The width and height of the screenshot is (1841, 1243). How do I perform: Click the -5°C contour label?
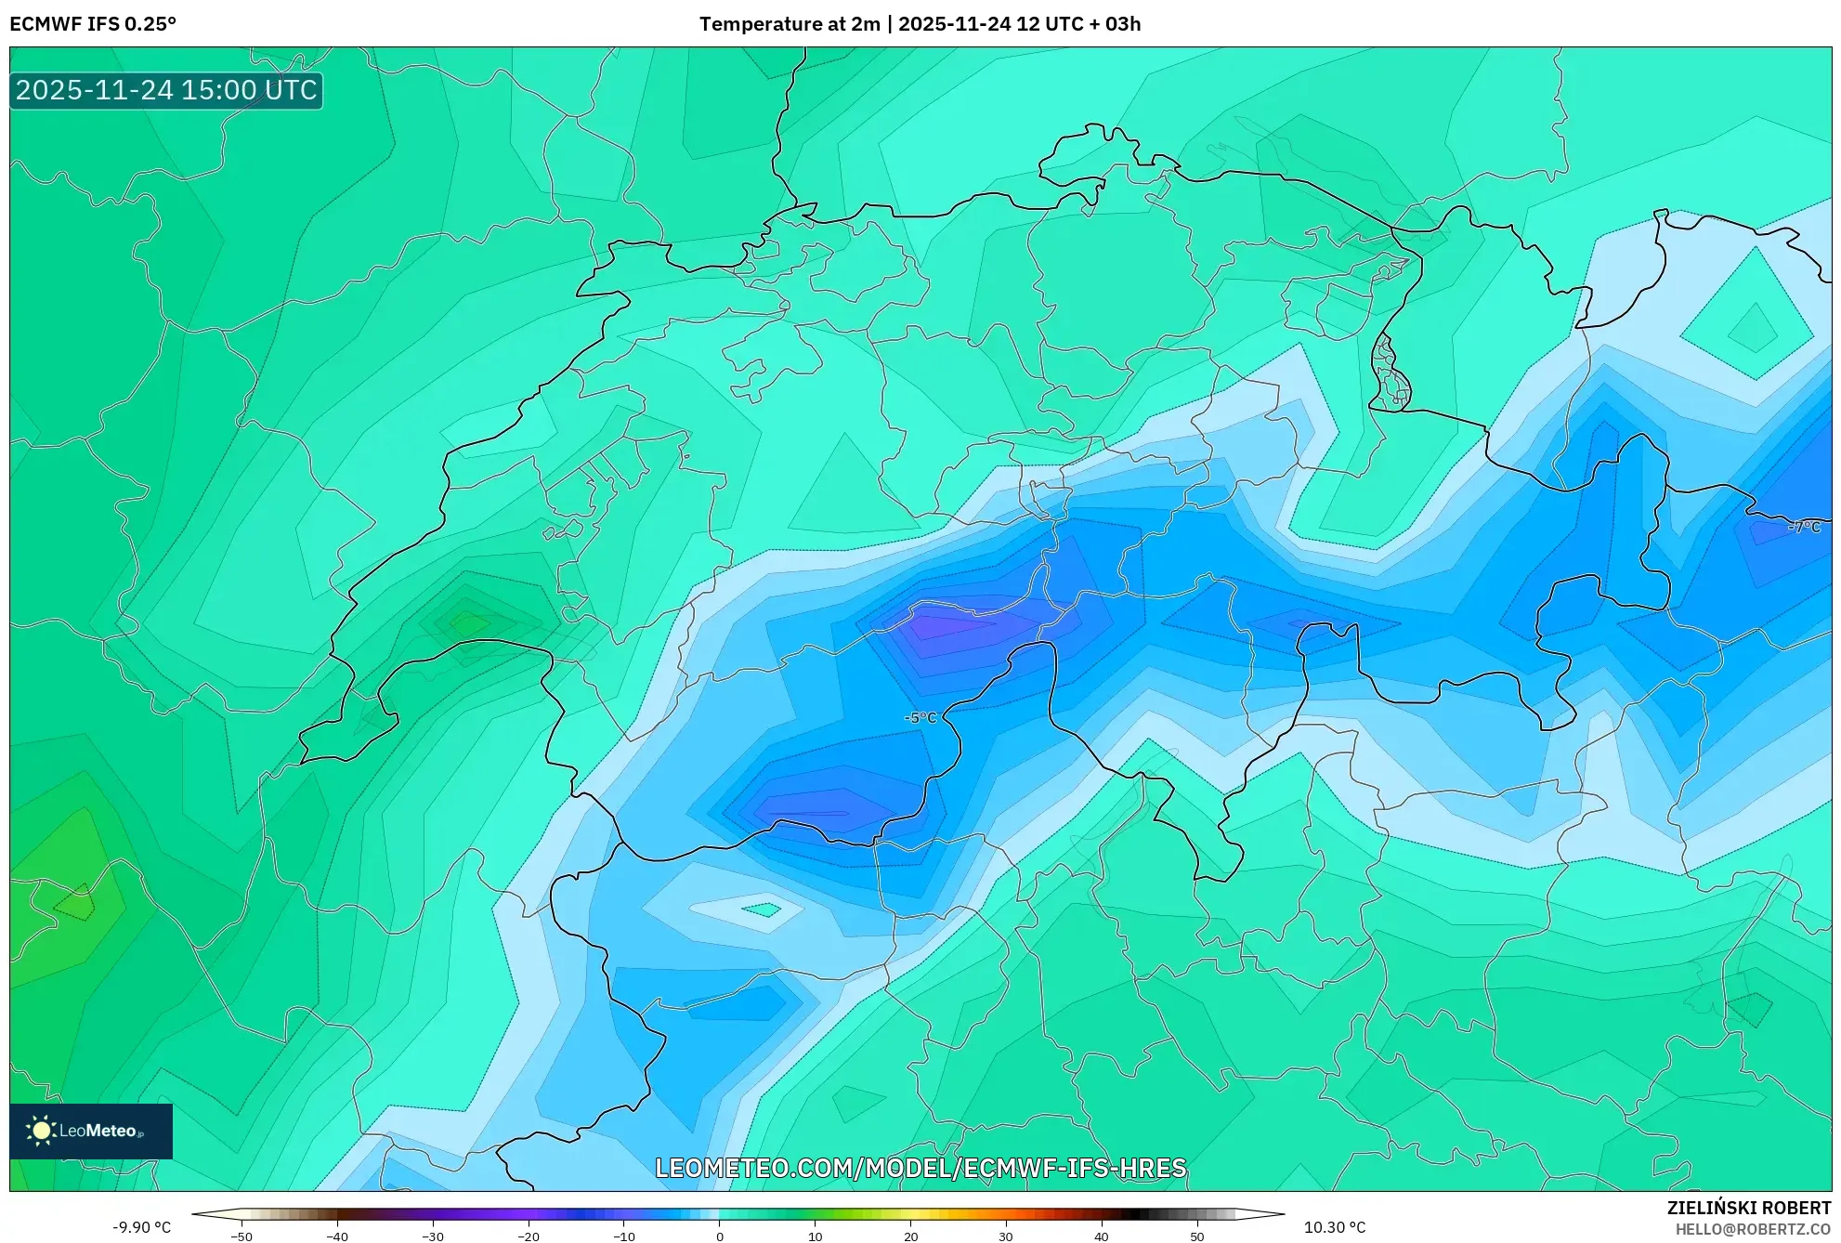[x=920, y=717]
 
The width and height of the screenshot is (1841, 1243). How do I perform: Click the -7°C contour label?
[x=1804, y=527]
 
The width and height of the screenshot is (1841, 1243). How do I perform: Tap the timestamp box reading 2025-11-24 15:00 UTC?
[x=166, y=90]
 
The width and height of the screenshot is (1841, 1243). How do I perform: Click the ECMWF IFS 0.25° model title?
[x=93, y=24]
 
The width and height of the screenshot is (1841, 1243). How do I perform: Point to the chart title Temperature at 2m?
[x=790, y=24]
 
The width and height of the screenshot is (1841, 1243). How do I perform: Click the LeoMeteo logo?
[x=91, y=1131]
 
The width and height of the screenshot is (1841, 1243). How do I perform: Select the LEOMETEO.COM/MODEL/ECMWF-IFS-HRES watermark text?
[x=920, y=1168]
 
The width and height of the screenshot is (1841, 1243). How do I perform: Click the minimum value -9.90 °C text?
[x=142, y=1227]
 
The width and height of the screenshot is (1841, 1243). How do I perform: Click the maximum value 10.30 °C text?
[x=1335, y=1227]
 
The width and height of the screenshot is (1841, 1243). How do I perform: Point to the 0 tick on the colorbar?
[x=719, y=1236]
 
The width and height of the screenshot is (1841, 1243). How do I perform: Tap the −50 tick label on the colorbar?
[x=241, y=1236]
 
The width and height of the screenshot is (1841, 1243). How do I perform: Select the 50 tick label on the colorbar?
[x=1196, y=1236]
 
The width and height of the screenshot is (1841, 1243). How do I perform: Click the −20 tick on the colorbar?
[x=528, y=1236]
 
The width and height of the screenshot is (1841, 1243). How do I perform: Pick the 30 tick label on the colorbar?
[x=1005, y=1236]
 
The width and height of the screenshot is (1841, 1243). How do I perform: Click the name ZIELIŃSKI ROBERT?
[x=1748, y=1208]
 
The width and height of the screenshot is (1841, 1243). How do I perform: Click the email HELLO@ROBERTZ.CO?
[x=1753, y=1229]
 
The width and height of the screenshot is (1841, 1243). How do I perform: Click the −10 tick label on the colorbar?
[x=623, y=1236]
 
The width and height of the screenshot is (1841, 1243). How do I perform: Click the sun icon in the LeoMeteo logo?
[x=41, y=1131]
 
